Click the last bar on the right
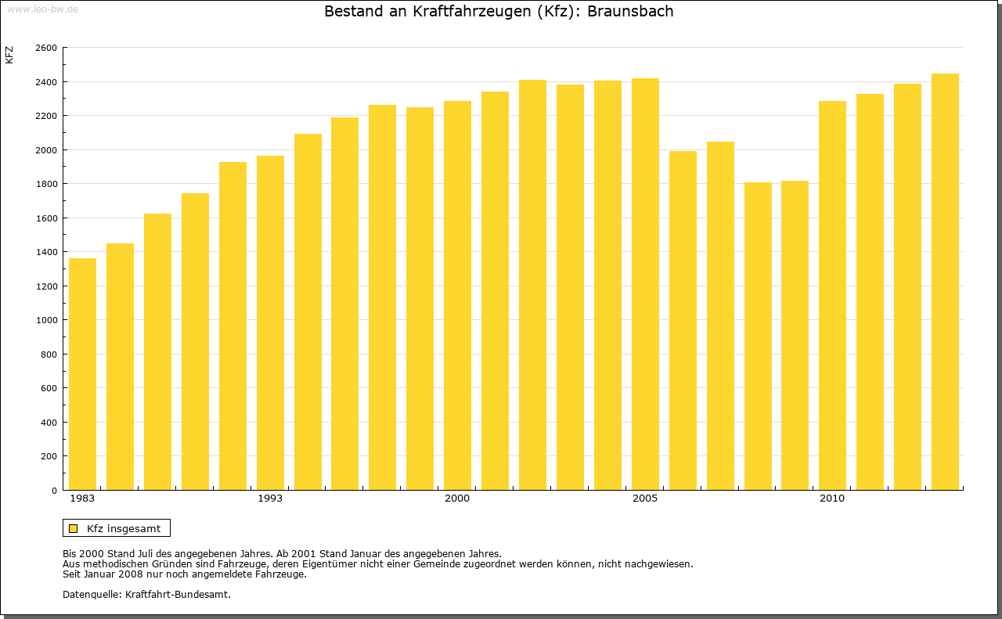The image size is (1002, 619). [945, 282]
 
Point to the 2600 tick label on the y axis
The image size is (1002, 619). [46, 48]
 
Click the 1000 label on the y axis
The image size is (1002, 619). [46, 320]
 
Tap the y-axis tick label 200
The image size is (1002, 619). [49, 456]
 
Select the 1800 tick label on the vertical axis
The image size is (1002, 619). [46, 184]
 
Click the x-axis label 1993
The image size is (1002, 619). [270, 498]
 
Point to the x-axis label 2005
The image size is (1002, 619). [645, 498]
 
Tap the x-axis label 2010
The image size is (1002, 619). [832, 498]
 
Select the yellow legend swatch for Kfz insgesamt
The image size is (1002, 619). [74, 528]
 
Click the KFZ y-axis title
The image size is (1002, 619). [9, 55]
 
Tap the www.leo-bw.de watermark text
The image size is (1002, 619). [41, 8]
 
